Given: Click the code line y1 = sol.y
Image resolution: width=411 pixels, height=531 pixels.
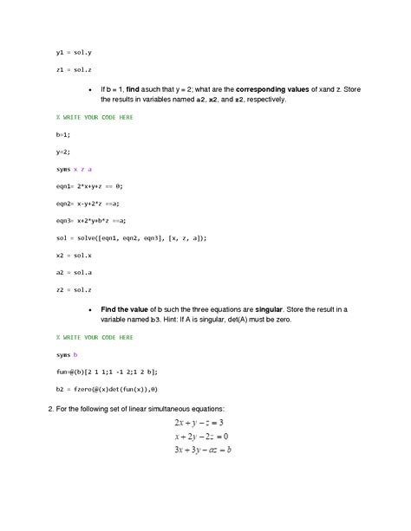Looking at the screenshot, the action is tap(68, 52).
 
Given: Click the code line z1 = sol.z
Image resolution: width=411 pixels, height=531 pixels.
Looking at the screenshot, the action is tap(68, 68).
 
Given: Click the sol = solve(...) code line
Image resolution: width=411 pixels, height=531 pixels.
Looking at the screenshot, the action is tap(131, 236).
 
